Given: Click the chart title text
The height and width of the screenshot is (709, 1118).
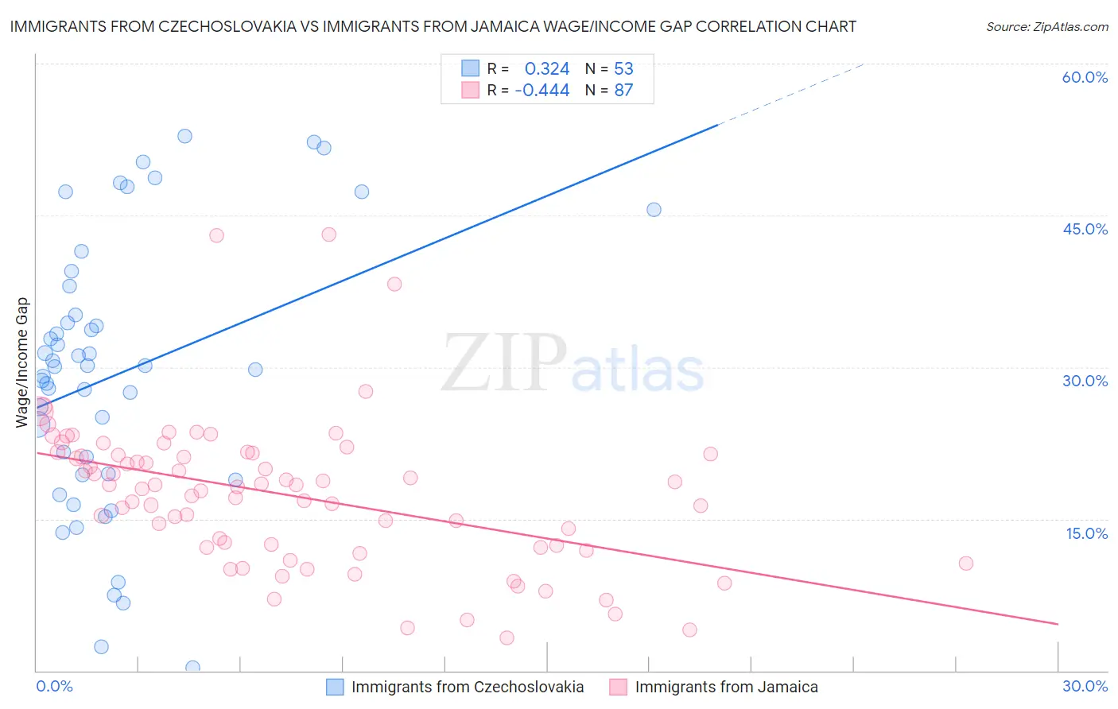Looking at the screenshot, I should pyautogui.click(x=433, y=26).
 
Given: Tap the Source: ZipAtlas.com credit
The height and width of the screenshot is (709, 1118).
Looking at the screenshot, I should pyautogui.click(x=1046, y=26).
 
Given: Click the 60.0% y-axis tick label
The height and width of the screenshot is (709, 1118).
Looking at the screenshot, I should pyautogui.click(x=1085, y=77).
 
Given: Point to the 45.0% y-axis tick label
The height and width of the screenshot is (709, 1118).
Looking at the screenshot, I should pyautogui.click(x=1085, y=229).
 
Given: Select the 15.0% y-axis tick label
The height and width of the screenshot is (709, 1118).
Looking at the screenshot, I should pyautogui.click(x=1086, y=533).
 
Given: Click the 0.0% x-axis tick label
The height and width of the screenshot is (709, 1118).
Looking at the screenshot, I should pyautogui.click(x=54, y=686).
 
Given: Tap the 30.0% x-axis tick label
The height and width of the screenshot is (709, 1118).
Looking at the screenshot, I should pyautogui.click(x=1085, y=686).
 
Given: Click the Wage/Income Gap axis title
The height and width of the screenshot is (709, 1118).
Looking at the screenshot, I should pyautogui.click(x=22, y=362).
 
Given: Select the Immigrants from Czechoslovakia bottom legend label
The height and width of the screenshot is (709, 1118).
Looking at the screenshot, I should pyautogui.click(x=468, y=687).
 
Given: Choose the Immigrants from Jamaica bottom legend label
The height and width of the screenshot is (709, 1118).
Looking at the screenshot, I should pyautogui.click(x=726, y=687).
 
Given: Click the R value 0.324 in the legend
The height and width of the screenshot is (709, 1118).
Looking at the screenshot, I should pyautogui.click(x=547, y=69).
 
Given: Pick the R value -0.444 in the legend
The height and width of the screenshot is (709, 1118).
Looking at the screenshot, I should pyautogui.click(x=542, y=91).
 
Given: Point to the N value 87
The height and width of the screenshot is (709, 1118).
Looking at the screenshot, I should pyautogui.click(x=623, y=91).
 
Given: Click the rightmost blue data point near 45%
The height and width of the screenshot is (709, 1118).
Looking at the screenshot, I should pyautogui.click(x=654, y=210).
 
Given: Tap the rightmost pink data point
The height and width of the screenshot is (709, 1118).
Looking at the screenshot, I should pyautogui.click(x=966, y=564).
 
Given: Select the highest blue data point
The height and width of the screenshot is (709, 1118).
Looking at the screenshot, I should pyautogui.click(x=184, y=136).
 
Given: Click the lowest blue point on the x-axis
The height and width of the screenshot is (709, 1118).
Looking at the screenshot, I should pyautogui.click(x=192, y=668).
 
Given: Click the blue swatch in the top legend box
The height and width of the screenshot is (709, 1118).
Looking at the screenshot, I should pyautogui.click(x=471, y=69).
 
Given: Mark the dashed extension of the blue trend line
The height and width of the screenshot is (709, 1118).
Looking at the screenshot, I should pyautogui.click(x=791, y=93).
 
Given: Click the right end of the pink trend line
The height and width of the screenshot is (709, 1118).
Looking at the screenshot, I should pyautogui.click(x=1058, y=624).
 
